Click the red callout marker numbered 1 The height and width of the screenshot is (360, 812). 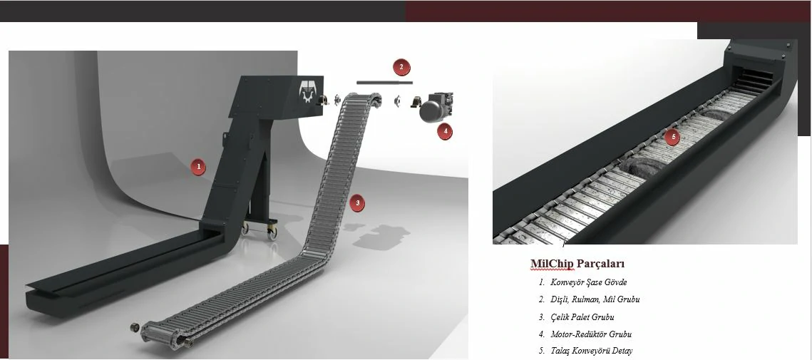click(x=197, y=167)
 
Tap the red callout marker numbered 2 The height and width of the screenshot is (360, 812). click(x=401, y=67)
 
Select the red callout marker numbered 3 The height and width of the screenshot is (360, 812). click(x=356, y=203)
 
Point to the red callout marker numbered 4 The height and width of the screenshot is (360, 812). click(x=445, y=132)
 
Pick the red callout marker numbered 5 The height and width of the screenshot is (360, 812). click(x=672, y=138)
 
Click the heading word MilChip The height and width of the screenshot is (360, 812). click(x=552, y=264)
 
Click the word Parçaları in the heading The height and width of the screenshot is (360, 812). click(x=601, y=264)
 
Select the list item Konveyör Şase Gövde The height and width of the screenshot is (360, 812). click(x=589, y=282)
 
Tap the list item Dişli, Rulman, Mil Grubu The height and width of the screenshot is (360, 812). click(x=595, y=299)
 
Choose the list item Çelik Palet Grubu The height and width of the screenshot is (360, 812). click(x=582, y=317)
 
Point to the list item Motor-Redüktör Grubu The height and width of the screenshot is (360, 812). click(x=591, y=334)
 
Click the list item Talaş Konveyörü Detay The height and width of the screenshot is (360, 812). click(x=592, y=351)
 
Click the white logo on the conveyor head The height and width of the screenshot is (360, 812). click(x=307, y=91)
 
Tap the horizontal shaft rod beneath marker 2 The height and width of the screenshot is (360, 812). click(x=384, y=83)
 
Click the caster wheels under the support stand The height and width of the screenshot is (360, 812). click(x=259, y=228)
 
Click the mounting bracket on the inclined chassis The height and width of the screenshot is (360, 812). click(x=227, y=139)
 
